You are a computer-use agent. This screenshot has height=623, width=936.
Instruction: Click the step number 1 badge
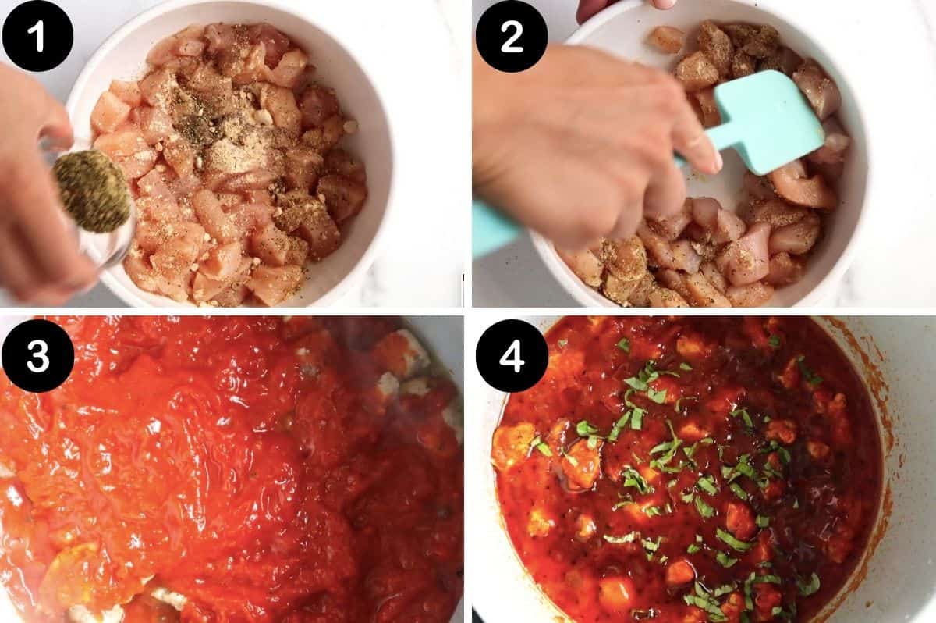point(37,36)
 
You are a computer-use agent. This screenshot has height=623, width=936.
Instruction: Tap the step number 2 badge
point(512,36)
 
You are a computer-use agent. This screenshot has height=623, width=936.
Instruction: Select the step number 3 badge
point(37,356)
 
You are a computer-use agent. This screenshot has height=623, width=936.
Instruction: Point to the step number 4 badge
point(512,356)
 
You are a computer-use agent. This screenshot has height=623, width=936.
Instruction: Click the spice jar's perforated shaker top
point(91,191)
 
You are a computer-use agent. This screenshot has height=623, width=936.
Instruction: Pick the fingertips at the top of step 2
point(616,6)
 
